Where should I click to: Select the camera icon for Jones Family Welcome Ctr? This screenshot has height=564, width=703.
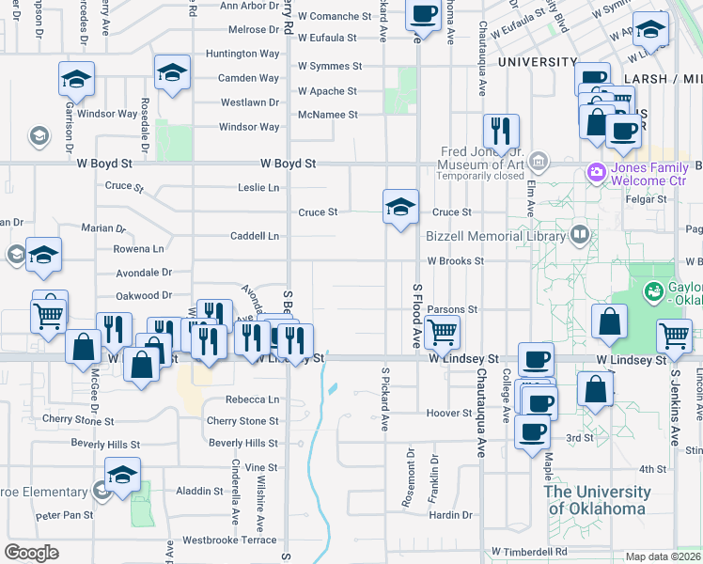point(594,173)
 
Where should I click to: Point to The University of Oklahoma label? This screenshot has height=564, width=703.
point(597,500)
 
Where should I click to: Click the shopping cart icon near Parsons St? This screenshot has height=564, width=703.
point(441,332)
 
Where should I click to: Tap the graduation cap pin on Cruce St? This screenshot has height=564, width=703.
point(400,208)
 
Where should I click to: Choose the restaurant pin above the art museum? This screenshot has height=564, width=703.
point(501,131)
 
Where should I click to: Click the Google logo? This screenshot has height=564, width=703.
point(31,553)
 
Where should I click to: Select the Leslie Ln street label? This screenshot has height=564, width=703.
point(258,188)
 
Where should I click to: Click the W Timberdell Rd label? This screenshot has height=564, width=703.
point(529,552)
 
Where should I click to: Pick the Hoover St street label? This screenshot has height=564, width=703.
point(448,414)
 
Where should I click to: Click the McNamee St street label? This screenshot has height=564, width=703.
point(328,115)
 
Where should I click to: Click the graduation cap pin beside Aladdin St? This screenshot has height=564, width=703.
point(122,475)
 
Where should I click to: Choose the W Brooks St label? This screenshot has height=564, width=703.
point(455,261)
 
